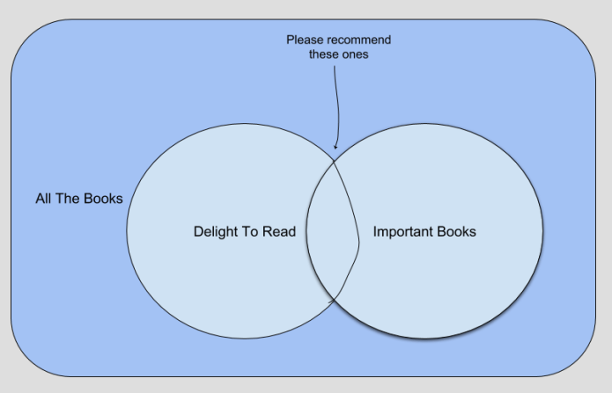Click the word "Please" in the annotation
tap(306, 40)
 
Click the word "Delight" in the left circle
tap(215, 232)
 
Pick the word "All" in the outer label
tap(44, 199)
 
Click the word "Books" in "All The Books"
tap(104, 199)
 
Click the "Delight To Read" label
tap(244, 232)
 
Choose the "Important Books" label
tap(424, 232)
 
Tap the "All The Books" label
tap(78, 199)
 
